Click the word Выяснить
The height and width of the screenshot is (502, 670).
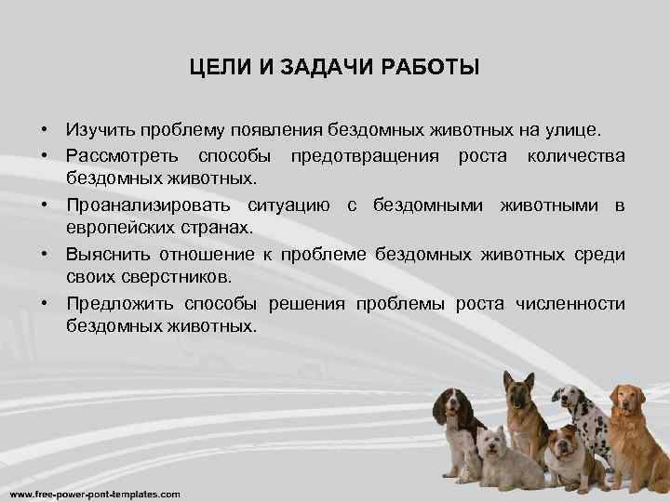click(104, 253)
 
